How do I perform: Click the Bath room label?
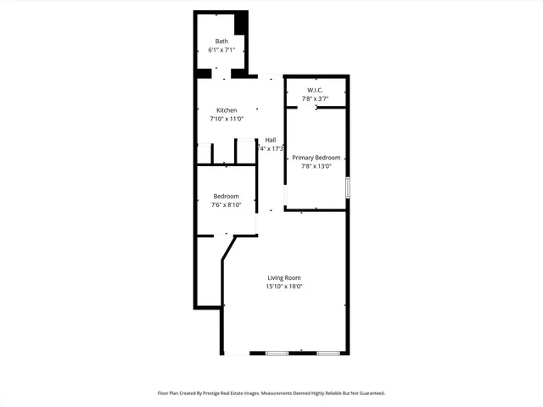tap(221, 42)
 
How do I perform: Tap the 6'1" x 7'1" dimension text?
tap(221, 50)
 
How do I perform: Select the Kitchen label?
tap(227, 110)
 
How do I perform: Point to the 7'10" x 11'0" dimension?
tap(227, 120)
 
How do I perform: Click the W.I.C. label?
tap(315, 91)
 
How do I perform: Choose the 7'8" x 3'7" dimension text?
tap(315, 99)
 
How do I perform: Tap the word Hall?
tap(270, 140)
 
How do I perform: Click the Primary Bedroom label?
tap(316, 158)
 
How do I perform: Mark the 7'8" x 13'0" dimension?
tap(316, 166)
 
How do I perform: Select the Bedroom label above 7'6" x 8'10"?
tap(226, 196)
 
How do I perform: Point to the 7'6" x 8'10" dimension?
tap(226, 204)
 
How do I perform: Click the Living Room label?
tap(284, 278)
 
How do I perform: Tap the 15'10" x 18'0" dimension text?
tap(284, 287)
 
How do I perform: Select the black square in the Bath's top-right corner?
tap(242, 23)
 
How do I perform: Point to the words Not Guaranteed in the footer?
tap(366, 393)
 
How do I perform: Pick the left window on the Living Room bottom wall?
tap(277, 353)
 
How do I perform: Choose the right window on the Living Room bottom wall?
tap(328, 353)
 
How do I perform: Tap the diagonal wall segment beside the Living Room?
tap(228, 249)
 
